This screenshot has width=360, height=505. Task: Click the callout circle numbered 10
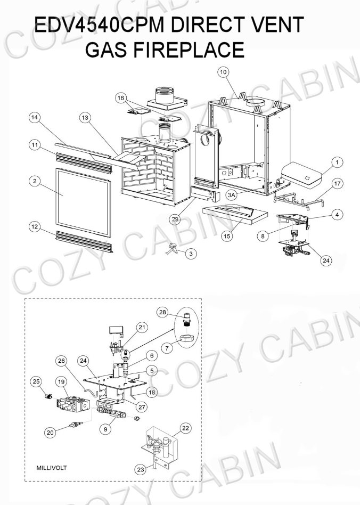point(223,72)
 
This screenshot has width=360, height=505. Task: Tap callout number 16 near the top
point(121,98)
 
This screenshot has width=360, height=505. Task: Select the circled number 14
point(35,118)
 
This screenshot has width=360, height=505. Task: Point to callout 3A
point(232,195)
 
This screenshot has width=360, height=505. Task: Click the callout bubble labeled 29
point(175,219)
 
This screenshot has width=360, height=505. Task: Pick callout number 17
point(337,184)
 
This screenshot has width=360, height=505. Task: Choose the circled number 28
point(162,312)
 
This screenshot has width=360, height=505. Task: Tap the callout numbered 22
point(185,428)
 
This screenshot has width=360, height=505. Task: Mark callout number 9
point(105,429)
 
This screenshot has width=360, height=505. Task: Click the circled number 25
point(36,381)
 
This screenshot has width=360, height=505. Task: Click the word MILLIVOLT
point(52,468)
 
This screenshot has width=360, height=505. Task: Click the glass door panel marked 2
point(84,202)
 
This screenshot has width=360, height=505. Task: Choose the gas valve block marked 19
point(73,404)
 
